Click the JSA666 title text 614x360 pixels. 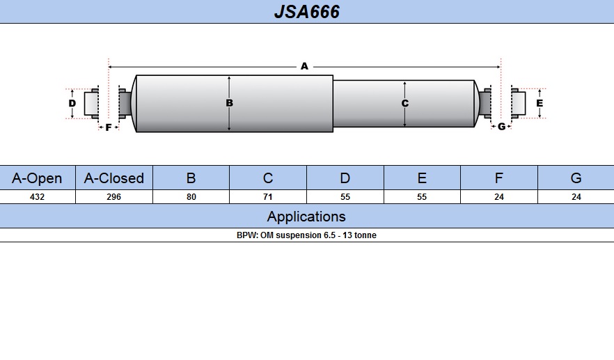click(306, 12)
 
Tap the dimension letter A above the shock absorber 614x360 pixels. click(304, 66)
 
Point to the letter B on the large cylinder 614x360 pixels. click(230, 103)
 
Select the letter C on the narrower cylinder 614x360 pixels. click(405, 104)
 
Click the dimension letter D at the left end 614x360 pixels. click(72, 104)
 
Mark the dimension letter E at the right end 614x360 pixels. click(540, 103)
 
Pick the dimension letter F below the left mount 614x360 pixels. click(109, 127)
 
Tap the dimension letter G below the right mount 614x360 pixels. click(502, 127)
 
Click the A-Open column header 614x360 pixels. click(37, 178)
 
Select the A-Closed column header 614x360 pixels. click(114, 178)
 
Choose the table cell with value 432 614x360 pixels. click(37, 196)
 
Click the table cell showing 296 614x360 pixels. click(114, 196)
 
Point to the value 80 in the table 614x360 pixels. click(191, 196)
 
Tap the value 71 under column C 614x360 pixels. click(268, 196)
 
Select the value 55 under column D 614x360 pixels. click(345, 196)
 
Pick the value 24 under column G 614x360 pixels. click(576, 196)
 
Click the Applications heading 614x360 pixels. click(306, 217)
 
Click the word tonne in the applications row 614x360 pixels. click(365, 235)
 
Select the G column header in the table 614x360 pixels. click(576, 178)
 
